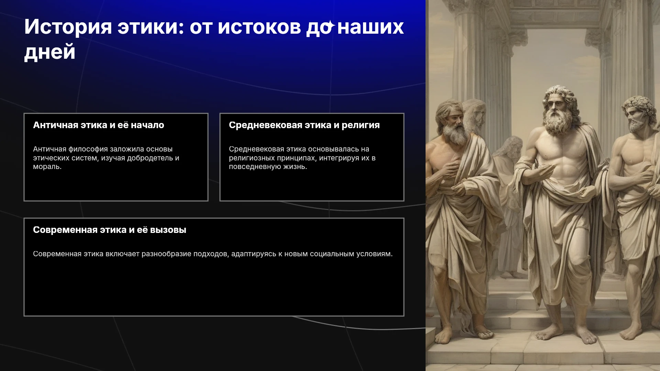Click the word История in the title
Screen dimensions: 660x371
(x=68, y=27)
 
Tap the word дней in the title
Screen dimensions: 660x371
(x=50, y=52)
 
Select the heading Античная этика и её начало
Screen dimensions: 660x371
(x=99, y=125)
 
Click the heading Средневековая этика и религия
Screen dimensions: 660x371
(x=304, y=125)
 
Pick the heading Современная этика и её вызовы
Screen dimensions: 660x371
(x=110, y=230)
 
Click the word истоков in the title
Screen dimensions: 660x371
(x=260, y=27)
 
